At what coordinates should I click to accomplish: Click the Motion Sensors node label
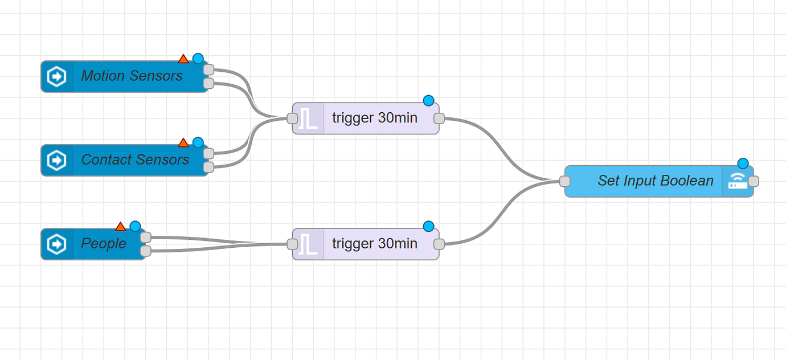coord(132,76)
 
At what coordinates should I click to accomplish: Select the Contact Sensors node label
coord(135,159)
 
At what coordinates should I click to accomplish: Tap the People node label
coord(104,243)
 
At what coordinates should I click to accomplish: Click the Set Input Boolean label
coord(655,181)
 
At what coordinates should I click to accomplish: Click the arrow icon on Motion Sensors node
coord(56,76)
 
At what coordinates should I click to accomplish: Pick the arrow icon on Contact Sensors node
coord(56,160)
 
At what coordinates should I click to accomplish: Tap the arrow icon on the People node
coord(56,244)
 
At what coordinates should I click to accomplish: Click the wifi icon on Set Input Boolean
coord(738,181)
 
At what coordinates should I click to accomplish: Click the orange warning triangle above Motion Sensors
coord(183,59)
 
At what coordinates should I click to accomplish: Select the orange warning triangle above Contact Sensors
coord(183,142)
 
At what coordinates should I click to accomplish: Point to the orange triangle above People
coord(120,226)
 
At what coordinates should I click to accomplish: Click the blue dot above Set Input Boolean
coord(743,163)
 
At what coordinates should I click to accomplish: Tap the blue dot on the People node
coord(135,226)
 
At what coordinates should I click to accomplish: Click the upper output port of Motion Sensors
coord(208,69)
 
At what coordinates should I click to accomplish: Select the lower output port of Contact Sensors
coord(208,167)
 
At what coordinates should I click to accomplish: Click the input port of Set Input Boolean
coord(564,181)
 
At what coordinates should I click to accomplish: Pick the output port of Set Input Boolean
coord(754,181)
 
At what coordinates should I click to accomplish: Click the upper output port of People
coord(146,237)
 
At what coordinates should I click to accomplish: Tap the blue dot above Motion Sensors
coord(198,59)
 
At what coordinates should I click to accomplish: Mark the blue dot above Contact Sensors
coord(198,142)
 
